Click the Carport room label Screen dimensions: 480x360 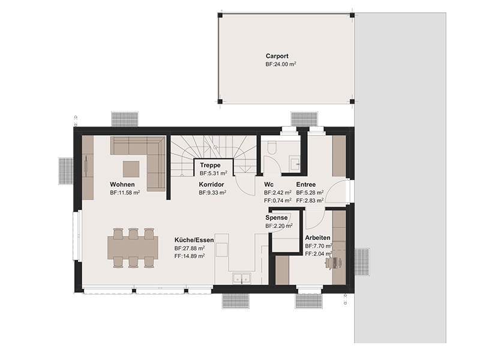pos(277,56)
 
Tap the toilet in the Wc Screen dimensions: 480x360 pos(272,147)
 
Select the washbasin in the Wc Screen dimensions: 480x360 pos(296,163)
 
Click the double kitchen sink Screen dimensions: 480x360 pos(242,278)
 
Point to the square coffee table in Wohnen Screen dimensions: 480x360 pos(131,169)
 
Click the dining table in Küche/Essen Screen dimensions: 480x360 pos(133,247)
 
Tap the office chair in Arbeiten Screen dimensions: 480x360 pos(333,263)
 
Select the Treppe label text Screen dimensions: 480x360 pos(210,166)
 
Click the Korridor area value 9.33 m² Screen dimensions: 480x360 pos(212,193)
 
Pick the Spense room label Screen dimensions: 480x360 pos(277,218)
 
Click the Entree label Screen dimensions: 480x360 pos(306,185)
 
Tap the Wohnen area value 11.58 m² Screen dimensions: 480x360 pos(125,193)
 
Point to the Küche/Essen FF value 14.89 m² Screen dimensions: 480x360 pos(190,256)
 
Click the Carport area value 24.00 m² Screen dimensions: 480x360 pos(281,64)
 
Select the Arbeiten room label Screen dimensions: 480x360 pos(318,238)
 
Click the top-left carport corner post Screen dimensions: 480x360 pos(220,16)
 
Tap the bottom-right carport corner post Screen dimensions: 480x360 pos(352,101)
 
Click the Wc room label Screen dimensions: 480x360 pos(269,185)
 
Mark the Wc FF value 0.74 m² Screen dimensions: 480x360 pos(278,200)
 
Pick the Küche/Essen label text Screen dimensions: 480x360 pos(194,240)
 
